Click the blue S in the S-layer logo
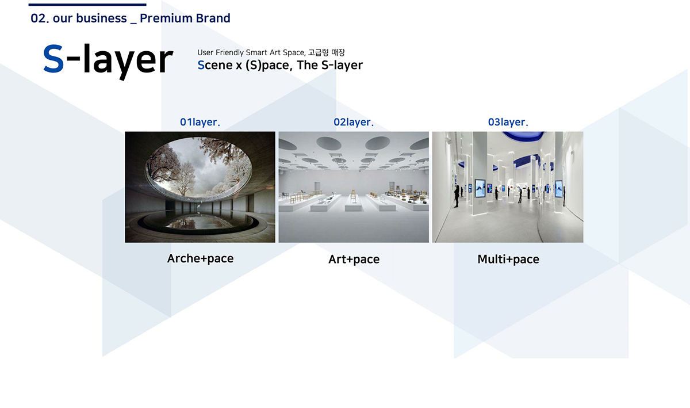53,59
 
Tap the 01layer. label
200,122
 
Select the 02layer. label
353,122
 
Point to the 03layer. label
508,122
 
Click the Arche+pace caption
200,259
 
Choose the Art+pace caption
354,260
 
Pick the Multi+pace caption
508,260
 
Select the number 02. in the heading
40,18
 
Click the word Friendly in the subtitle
229,53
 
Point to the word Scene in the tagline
215,65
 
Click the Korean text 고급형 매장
327,52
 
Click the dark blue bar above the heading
87,5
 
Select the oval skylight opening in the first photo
198,169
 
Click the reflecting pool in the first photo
197,221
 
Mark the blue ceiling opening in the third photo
523,136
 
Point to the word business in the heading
101,18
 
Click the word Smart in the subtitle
256,53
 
